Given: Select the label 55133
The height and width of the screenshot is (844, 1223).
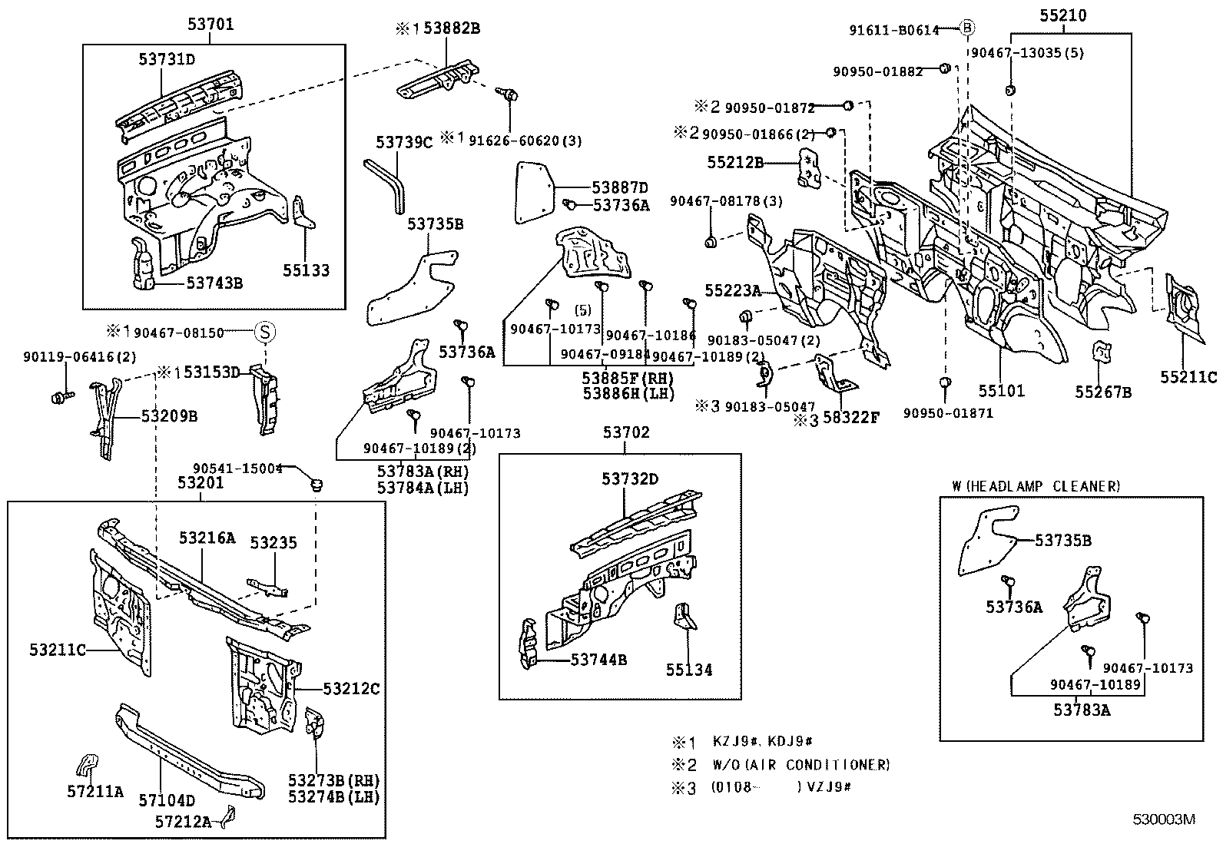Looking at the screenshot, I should [306, 270].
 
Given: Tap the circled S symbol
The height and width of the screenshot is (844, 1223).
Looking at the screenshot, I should [263, 333].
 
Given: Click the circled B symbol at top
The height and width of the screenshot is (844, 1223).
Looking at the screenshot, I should [968, 29].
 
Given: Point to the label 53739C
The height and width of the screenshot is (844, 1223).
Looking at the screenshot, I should [404, 141].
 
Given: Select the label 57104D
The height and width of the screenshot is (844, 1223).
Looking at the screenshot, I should [167, 800].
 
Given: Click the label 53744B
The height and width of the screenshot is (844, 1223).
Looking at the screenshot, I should [598, 660].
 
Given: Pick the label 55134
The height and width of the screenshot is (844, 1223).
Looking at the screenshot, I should [689, 670].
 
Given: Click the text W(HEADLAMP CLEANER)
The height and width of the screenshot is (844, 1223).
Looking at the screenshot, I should [1036, 486].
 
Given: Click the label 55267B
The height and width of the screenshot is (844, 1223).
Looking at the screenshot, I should [1102, 392].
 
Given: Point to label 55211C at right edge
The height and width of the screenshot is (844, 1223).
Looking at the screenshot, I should [1188, 377].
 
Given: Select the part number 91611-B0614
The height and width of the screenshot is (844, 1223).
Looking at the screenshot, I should [893, 30].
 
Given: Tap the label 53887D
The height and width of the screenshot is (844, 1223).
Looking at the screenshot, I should [619, 187].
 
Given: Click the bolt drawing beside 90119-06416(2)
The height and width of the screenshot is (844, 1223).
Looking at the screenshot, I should [61, 397].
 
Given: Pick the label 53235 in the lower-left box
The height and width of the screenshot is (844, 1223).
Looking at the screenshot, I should [273, 543].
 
